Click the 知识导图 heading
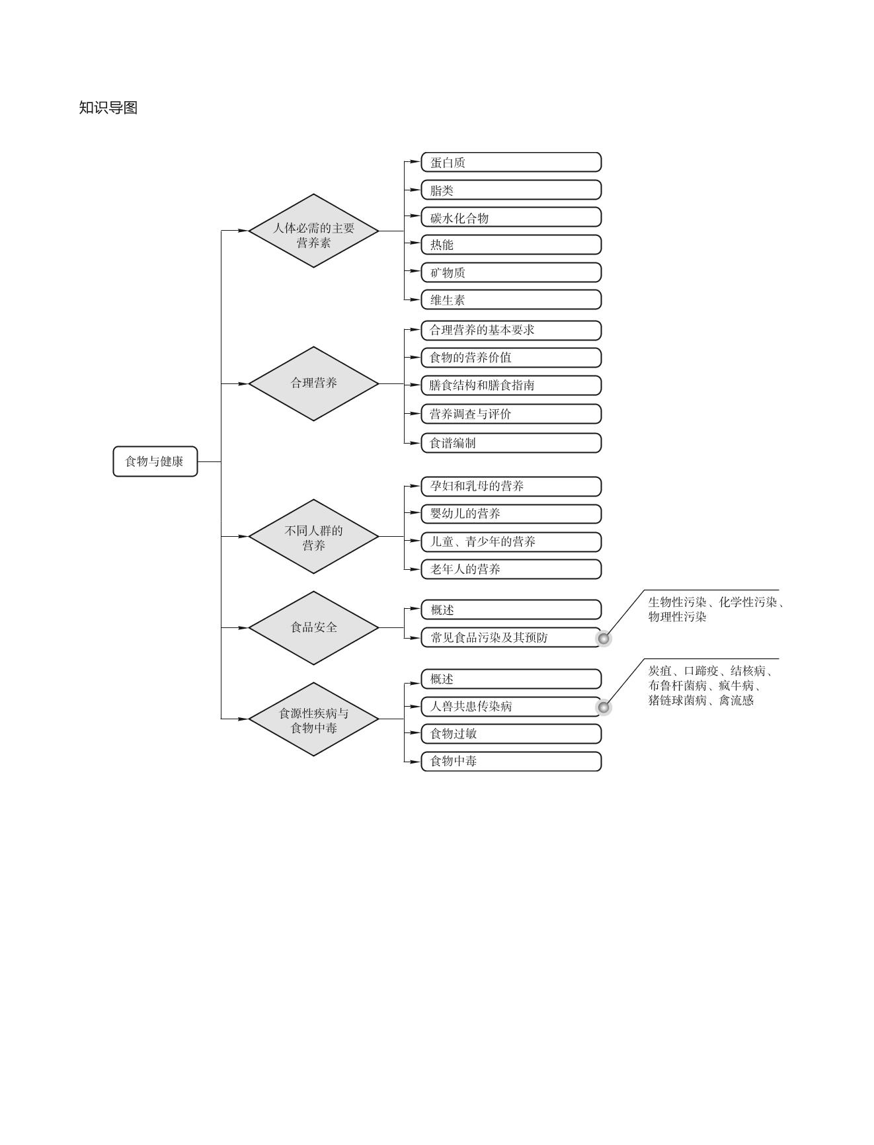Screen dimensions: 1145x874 tap(108, 108)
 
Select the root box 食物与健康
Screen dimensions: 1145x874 tap(155, 461)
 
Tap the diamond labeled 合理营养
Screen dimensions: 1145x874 tap(313, 383)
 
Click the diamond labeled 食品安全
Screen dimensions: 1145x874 tap(313, 627)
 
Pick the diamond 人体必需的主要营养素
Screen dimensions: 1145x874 tap(313, 231)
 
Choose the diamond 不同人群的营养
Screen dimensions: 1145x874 tap(313, 537)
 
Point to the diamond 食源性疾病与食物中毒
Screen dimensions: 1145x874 tap(313, 719)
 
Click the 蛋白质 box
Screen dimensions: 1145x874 tap(511, 163)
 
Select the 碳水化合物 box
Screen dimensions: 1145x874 tap(511, 217)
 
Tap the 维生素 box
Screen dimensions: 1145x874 tap(511, 299)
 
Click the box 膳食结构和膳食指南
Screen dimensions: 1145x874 tap(511, 385)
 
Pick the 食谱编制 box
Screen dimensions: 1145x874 tap(511, 443)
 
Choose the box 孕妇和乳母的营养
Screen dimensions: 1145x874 tap(511, 487)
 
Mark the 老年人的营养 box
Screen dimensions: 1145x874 tap(511, 569)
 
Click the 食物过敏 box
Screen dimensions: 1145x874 tap(511, 734)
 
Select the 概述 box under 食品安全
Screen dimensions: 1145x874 tap(511, 610)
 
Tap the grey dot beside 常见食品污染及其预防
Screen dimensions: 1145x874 tap(604, 639)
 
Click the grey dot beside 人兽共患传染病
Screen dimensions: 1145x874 tap(604, 707)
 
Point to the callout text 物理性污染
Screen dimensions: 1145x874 tap(677, 617)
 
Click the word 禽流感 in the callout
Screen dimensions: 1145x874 tap(736, 700)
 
